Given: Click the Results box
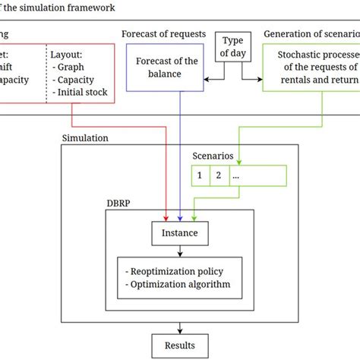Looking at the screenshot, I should coord(180,346).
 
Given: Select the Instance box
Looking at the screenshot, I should coord(180,232).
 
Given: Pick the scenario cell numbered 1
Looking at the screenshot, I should coord(199,176).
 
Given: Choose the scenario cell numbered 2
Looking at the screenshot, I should coord(218,176).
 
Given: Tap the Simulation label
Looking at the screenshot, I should coord(85,139).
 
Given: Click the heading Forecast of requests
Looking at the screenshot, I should coord(158,33).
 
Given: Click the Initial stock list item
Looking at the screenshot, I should coord(80,93).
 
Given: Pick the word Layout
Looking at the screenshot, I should coord(67,55).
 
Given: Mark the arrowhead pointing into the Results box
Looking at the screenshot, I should coord(180,332).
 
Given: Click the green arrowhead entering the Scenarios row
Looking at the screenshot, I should coord(238,163).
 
